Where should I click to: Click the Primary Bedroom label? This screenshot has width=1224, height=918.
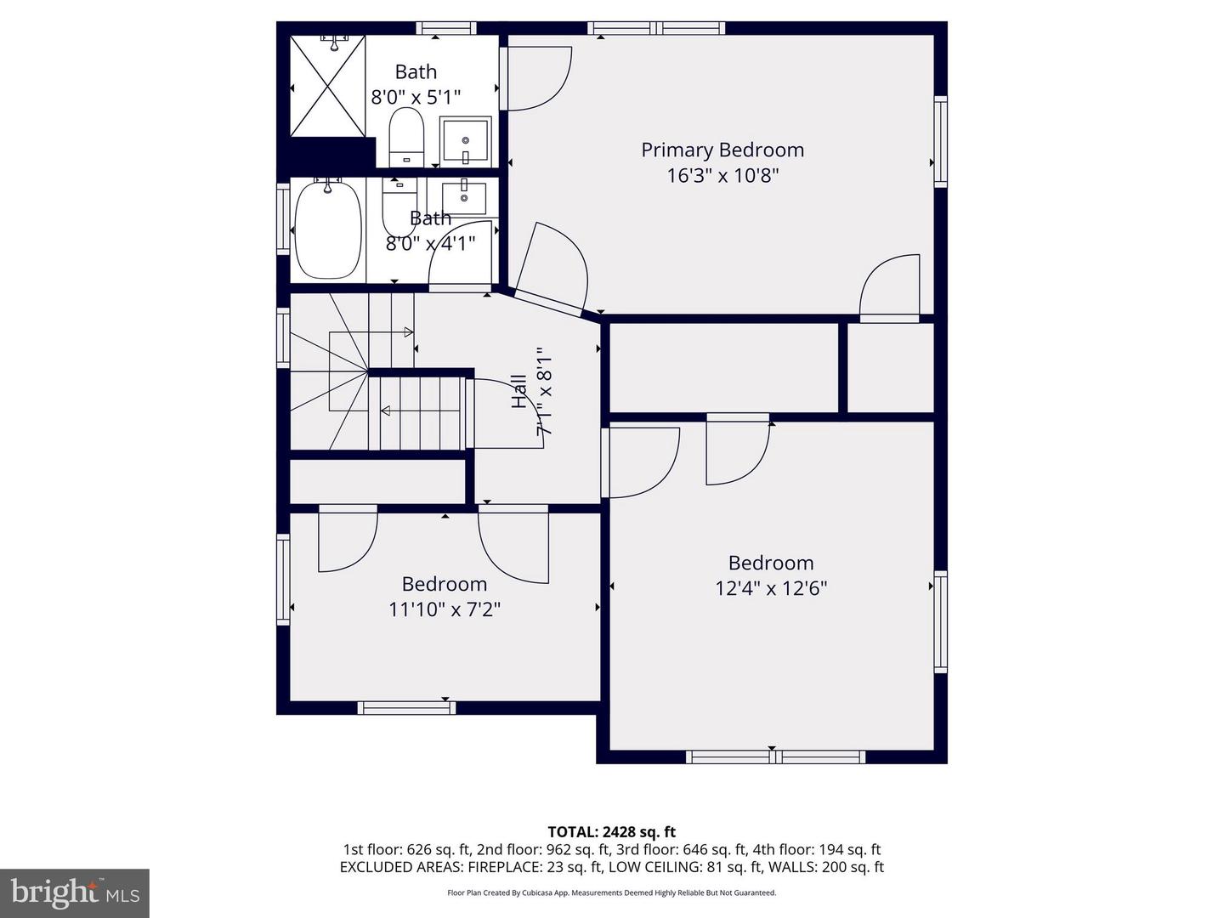[722, 150]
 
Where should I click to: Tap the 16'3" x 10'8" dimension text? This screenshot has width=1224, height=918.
[722, 176]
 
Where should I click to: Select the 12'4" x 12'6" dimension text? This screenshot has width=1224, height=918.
[770, 588]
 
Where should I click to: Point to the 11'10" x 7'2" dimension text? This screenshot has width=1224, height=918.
[444, 609]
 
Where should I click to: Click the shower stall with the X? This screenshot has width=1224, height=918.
[328, 86]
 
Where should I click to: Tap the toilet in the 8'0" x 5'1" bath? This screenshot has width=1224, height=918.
[405, 138]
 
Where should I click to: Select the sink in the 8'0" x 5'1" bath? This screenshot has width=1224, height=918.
[466, 140]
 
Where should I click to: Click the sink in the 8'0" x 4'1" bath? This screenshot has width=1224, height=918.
[464, 196]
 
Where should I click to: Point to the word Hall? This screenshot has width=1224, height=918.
[519, 391]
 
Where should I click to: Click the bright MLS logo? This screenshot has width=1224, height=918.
[75, 892]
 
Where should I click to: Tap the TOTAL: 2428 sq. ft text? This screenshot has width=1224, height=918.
[611, 832]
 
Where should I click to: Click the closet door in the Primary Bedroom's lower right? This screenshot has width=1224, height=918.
[890, 289]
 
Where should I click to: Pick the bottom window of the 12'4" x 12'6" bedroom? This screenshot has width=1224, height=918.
[775, 756]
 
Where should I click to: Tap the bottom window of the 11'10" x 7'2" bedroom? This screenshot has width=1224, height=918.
[406, 707]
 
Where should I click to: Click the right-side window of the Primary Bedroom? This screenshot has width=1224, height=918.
[940, 141]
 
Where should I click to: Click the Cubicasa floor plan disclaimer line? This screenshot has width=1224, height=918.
[611, 892]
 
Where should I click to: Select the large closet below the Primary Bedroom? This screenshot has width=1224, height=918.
[724, 367]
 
